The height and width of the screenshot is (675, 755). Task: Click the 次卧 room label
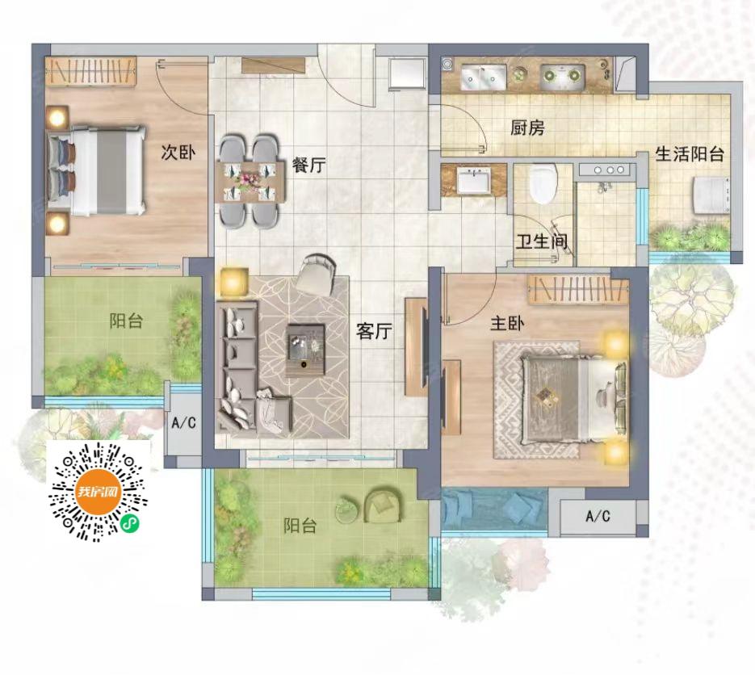tap(178, 153)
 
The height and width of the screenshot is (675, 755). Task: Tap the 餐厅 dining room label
tap(309, 166)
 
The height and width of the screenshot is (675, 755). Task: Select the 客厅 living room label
tap(374, 331)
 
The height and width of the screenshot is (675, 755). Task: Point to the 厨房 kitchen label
tap(527, 128)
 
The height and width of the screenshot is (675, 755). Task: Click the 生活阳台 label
tap(690, 154)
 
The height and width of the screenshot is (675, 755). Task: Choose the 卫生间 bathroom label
tap(542, 241)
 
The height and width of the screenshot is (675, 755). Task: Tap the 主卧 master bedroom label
tap(507, 323)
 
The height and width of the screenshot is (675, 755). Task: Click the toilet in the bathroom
tap(543, 183)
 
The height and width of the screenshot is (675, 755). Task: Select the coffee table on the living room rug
tap(305, 350)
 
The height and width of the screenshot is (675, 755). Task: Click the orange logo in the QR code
tap(99, 492)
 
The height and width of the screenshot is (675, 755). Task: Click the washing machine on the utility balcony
tap(711, 195)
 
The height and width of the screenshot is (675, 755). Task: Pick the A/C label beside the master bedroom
tap(598, 517)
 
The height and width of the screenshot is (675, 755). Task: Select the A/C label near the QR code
tap(184, 423)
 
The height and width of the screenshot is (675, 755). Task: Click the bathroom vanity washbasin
tap(473, 181)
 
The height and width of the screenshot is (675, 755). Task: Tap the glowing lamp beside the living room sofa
tap(234, 282)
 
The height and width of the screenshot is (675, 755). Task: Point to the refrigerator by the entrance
tap(407, 73)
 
